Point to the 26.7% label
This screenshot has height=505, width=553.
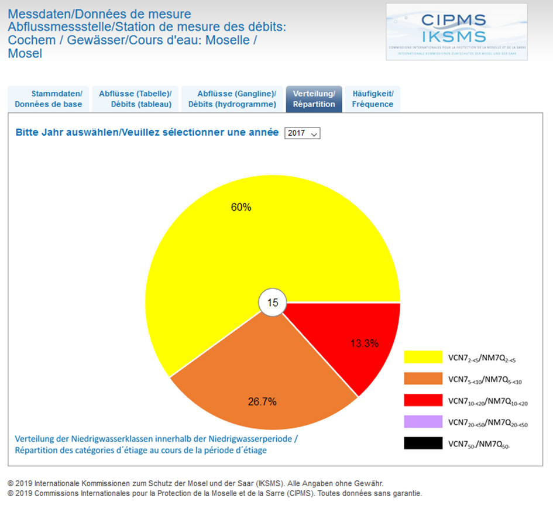[262, 401]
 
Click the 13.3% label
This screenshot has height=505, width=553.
[365, 343]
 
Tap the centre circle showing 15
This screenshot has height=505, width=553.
[273, 303]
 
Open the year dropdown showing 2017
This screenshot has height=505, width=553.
[303, 133]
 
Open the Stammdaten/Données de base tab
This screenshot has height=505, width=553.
[48, 99]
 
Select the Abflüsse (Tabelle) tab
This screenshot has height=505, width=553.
[135, 99]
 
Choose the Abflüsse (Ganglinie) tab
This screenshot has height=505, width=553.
[232, 99]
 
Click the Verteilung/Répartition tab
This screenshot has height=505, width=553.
[314, 99]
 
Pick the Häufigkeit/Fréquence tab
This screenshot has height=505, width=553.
[373, 99]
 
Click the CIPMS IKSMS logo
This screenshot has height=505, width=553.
[456, 32]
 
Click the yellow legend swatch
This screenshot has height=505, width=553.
[423, 357]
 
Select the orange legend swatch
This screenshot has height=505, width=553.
[423, 379]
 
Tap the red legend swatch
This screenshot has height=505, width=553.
[423, 400]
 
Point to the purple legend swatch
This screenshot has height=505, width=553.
[423, 422]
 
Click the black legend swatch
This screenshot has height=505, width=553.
[423, 444]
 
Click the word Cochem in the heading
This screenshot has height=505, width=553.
[28, 40]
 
